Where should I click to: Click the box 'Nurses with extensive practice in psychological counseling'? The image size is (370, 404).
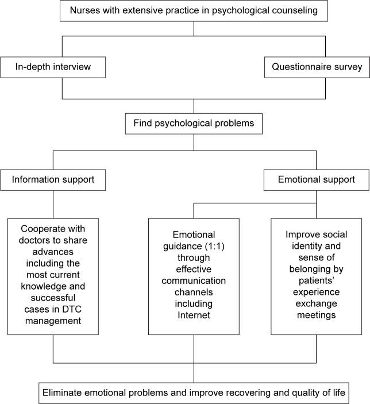pyautogui.click(x=194, y=10)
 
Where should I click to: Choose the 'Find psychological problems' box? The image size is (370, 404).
pyautogui.click(x=194, y=123)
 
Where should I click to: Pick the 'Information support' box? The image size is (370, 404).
pyautogui.click(x=53, y=180)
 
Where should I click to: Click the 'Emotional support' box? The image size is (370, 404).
pyautogui.click(x=317, y=180)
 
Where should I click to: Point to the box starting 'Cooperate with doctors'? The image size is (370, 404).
pyautogui.click(x=53, y=276)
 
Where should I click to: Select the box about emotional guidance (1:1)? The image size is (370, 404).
pyautogui.click(x=194, y=276)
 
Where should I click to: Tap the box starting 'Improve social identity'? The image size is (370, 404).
pyautogui.click(x=317, y=276)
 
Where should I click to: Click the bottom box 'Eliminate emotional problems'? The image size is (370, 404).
pyautogui.click(x=194, y=393)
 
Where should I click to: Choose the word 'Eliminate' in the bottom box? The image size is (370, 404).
pyautogui.click(x=64, y=393)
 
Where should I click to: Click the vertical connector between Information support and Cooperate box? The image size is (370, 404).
pyautogui.click(x=53, y=203)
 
